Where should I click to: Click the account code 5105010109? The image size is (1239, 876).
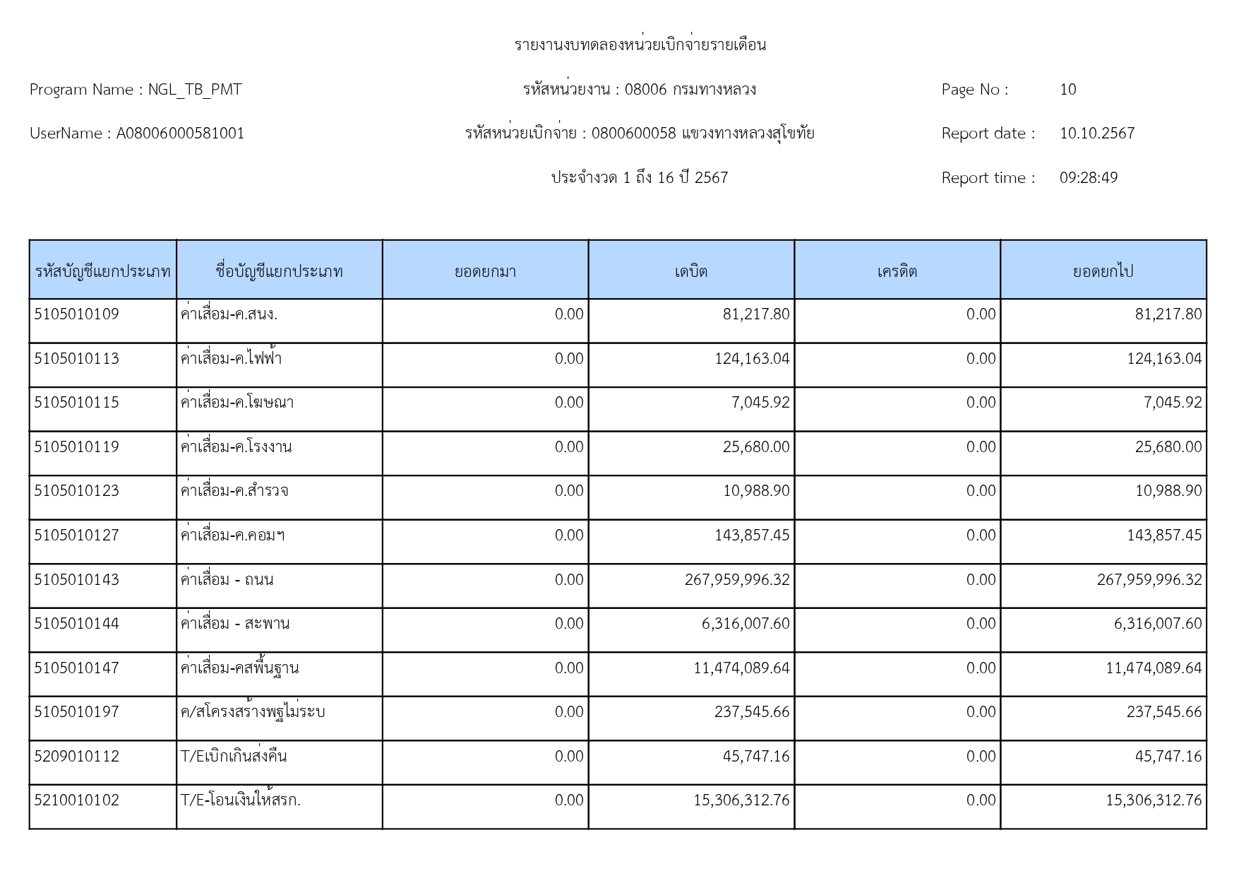(x=77, y=314)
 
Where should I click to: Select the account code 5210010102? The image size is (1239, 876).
(x=77, y=800)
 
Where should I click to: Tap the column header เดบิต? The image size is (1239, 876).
(x=691, y=271)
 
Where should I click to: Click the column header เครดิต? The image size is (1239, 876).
(x=897, y=271)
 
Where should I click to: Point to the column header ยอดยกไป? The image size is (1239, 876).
(x=1103, y=271)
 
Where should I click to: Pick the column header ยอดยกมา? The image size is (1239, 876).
(x=485, y=271)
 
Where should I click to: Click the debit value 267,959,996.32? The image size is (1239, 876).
(x=737, y=580)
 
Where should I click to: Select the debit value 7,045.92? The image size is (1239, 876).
(x=760, y=403)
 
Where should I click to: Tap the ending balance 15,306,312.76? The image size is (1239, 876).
(x=1154, y=800)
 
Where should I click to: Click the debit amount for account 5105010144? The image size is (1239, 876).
(x=746, y=624)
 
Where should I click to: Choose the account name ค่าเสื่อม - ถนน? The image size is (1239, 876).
(x=227, y=580)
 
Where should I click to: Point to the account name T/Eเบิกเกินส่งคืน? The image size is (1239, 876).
(x=234, y=757)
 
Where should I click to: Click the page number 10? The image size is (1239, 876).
(x=1067, y=90)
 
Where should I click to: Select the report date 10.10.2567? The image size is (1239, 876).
(x=1096, y=134)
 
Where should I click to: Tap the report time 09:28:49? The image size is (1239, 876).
(x=1088, y=178)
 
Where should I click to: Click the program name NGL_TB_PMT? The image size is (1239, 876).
(x=194, y=90)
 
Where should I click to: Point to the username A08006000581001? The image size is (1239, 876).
(x=180, y=134)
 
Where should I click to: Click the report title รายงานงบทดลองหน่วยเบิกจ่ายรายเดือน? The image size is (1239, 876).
(x=640, y=45)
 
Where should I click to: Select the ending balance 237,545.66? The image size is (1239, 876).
(x=1163, y=712)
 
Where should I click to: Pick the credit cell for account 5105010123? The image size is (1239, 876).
(x=981, y=491)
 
